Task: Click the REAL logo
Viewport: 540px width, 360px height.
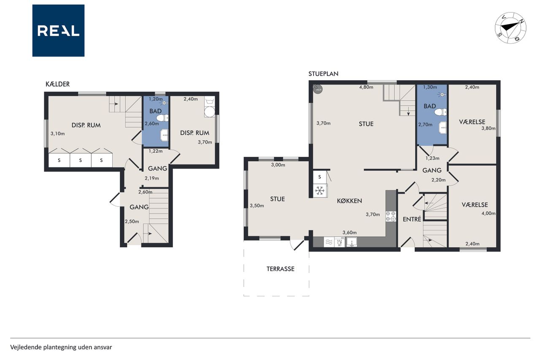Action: [58, 31]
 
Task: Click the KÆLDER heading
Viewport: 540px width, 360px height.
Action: [58, 84]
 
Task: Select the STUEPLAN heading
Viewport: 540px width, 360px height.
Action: [323, 74]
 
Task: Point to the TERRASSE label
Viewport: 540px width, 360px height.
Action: [281, 269]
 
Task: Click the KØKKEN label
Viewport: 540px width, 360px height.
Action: [349, 201]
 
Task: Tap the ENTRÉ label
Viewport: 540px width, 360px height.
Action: [412, 219]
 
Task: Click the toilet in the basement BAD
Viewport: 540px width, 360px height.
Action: [162, 118]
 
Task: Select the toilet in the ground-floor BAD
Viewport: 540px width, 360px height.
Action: [440, 112]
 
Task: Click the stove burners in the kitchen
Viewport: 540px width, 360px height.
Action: [391, 216]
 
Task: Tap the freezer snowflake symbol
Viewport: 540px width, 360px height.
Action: [320, 191]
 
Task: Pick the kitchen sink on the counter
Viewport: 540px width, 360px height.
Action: [352, 242]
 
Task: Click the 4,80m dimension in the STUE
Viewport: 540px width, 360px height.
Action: [366, 87]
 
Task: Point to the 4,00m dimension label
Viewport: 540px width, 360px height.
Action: [489, 213]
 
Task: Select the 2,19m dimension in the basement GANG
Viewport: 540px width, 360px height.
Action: [151, 179]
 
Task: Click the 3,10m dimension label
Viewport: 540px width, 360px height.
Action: [58, 134]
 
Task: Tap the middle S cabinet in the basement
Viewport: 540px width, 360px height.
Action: [81, 160]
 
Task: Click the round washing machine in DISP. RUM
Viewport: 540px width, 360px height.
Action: [210, 112]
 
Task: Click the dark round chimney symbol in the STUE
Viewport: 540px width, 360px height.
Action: [318, 89]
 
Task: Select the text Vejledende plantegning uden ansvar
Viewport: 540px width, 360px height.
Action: [61, 347]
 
